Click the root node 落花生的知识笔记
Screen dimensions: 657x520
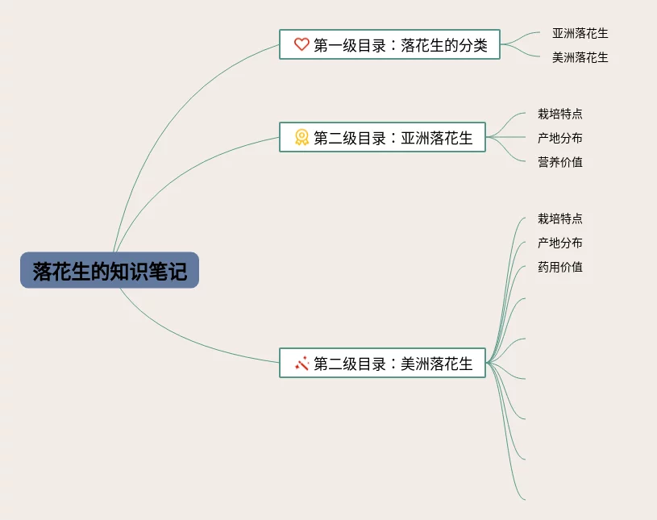tap(109, 271)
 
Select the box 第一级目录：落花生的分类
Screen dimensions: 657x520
tap(389, 44)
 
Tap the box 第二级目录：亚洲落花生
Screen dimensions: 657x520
tap(382, 137)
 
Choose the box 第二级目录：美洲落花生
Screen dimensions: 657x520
tap(382, 364)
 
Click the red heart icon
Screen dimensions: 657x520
tap(301, 44)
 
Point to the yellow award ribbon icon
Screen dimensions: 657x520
tap(301, 137)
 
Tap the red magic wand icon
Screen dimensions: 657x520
tap(301, 364)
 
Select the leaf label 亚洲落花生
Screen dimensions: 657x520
tap(580, 34)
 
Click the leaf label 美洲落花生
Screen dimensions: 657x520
tap(580, 58)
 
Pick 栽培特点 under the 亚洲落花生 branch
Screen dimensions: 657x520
tap(559, 114)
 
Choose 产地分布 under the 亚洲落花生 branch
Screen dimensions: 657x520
tap(559, 138)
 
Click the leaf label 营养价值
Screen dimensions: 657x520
tap(559, 162)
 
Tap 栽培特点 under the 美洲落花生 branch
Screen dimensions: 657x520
tap(559, 218)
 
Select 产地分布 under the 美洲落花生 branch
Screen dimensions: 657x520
tap(559, 243)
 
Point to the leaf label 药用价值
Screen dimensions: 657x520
tap(559, 267)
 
